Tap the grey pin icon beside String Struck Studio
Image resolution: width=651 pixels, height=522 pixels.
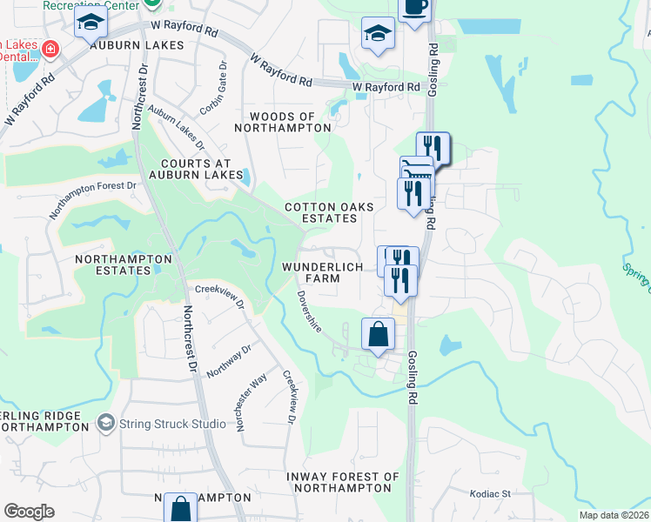[106, 423]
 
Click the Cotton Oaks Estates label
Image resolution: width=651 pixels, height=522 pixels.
[330, 212]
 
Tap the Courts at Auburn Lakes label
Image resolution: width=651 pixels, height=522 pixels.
[202, 169]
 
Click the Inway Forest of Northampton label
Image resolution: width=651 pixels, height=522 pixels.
[346, 482]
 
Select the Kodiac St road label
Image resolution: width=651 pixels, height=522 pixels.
[489, 493]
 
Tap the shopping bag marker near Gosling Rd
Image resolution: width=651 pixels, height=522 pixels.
[378, 334]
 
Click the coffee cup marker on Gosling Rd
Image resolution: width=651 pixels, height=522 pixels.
[414, 8]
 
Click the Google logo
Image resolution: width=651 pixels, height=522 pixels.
[29, 512]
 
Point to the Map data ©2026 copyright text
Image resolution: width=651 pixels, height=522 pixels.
[614, 515]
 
